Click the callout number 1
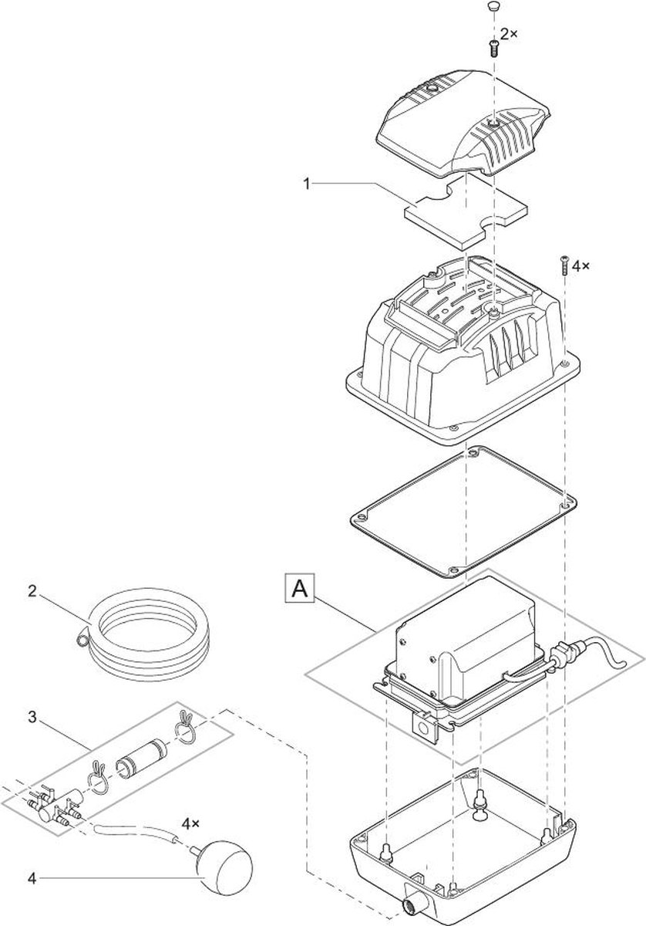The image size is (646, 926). tap(307, 184)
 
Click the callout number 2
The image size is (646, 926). tap(32, 592)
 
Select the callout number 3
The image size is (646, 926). tap(32, 717)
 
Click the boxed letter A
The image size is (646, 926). tap(300, 589)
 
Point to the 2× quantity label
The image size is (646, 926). tap(509, 35)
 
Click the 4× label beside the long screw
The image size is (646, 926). tap(581, 266)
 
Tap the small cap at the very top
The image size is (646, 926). tap(493, 6)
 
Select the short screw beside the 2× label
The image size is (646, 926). tap(493, 49)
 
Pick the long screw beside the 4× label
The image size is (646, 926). tap(564, 265)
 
